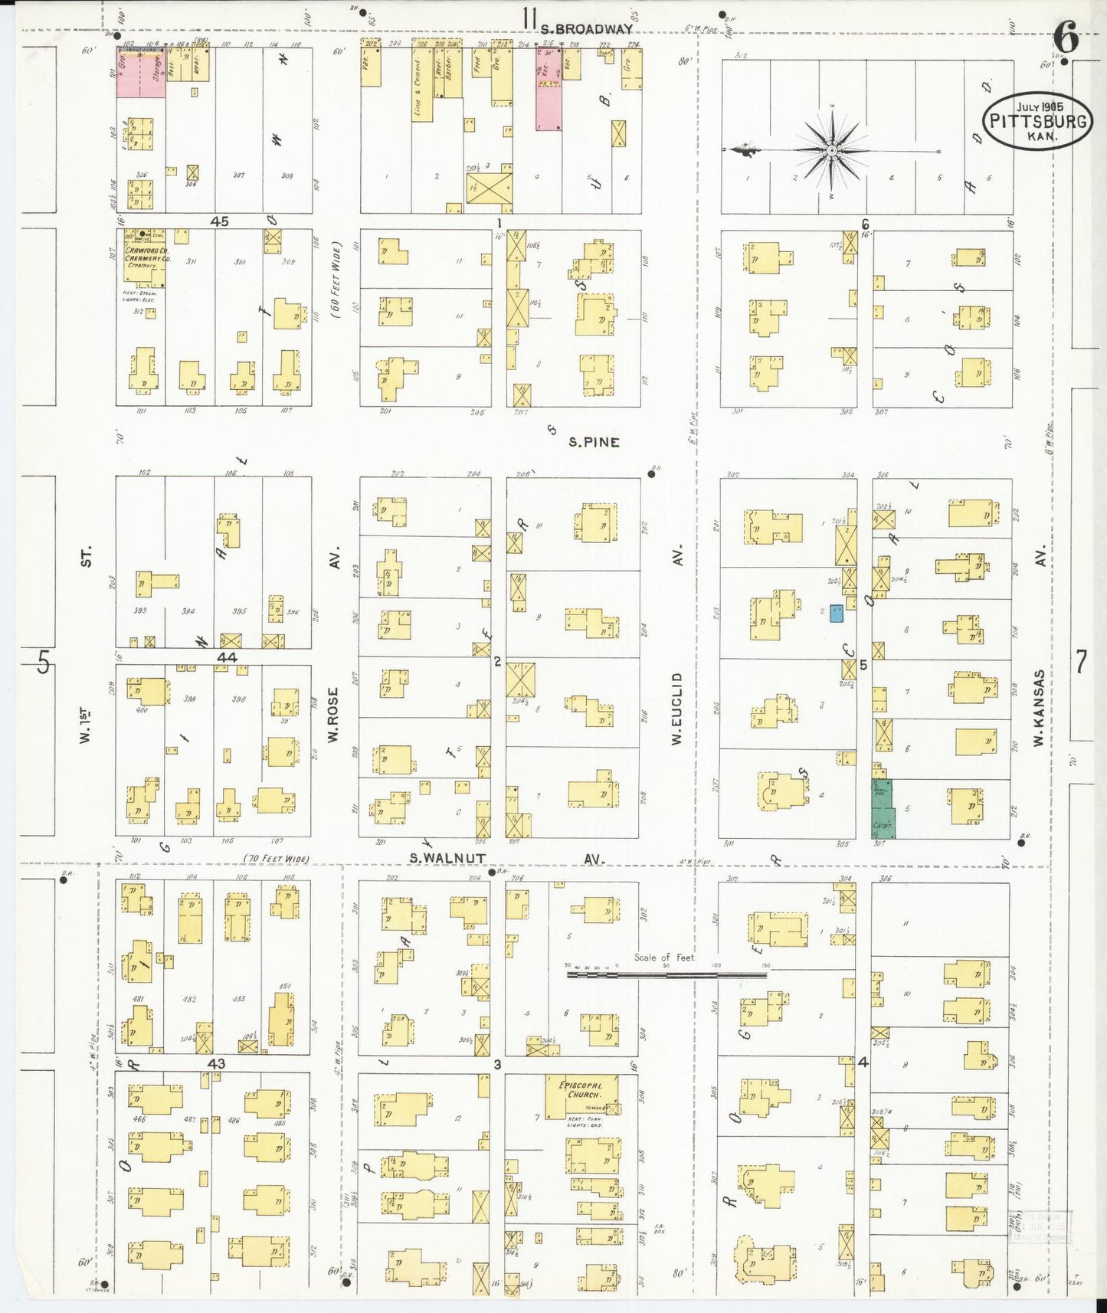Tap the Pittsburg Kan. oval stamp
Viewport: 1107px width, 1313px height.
click(x=1037, y=121)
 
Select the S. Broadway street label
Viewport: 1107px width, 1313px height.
click(x=586, y=29)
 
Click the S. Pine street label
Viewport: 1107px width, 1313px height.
click(x=594, y=442)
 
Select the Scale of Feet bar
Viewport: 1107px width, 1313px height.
click(x=666, y=975)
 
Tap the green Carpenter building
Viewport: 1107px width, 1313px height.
click(x=883, y=808)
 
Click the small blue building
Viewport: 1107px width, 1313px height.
click(x=837, y=613)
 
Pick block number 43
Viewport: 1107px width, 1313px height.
click(x=216, y=1064)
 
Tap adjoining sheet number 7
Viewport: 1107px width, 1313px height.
click(x=1081, y=661)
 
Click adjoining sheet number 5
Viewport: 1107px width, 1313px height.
click(x=44, y=661)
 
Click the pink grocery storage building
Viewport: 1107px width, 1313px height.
click(x=141, y=73)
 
